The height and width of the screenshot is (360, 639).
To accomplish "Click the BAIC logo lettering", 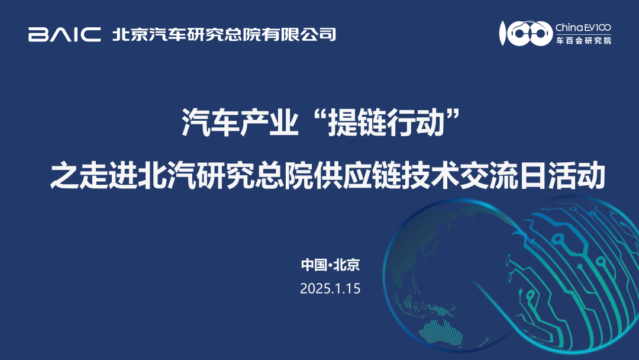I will coord(64,34).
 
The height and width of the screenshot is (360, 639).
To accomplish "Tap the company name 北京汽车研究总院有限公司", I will coord(224,34).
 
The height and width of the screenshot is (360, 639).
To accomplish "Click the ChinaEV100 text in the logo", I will coord(583,27).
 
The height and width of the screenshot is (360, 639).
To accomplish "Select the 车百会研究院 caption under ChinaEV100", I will coord(583,41).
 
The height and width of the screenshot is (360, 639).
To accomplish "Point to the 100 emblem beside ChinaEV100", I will coord(524,34).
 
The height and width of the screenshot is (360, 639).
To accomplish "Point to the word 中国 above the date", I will coord(314,265).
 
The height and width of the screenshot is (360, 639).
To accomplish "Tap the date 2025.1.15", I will coord(330,289).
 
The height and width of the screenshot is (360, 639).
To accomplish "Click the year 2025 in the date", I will coord(314,289).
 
